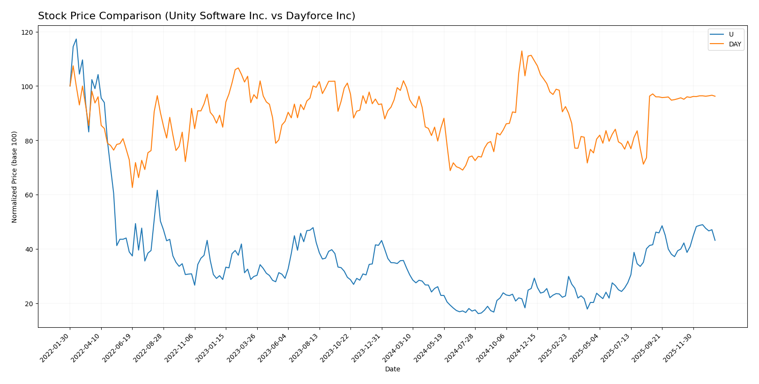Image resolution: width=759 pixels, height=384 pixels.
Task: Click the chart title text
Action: click(x=196, y=16)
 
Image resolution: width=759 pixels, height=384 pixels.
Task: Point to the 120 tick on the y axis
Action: click(x=29, y=32)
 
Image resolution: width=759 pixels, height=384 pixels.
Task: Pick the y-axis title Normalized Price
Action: click(x=15, y=177)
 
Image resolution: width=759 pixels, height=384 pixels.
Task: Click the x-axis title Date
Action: click(x=392, y=369)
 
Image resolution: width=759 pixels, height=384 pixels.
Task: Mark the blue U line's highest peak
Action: click(x=76, y=39)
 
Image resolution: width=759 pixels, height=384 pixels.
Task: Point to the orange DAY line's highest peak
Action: click(x=521, y=51)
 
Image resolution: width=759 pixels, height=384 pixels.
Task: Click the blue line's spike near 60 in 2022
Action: click(x=157, y=190)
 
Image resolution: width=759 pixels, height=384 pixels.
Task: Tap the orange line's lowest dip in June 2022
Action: click(x=132, y=188)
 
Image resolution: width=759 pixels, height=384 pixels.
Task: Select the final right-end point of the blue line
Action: click(x=715, y=241)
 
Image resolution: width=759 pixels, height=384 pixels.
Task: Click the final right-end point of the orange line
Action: click(x=715, y=96)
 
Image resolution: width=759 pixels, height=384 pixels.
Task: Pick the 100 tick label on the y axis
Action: click(x=29, y=87)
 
